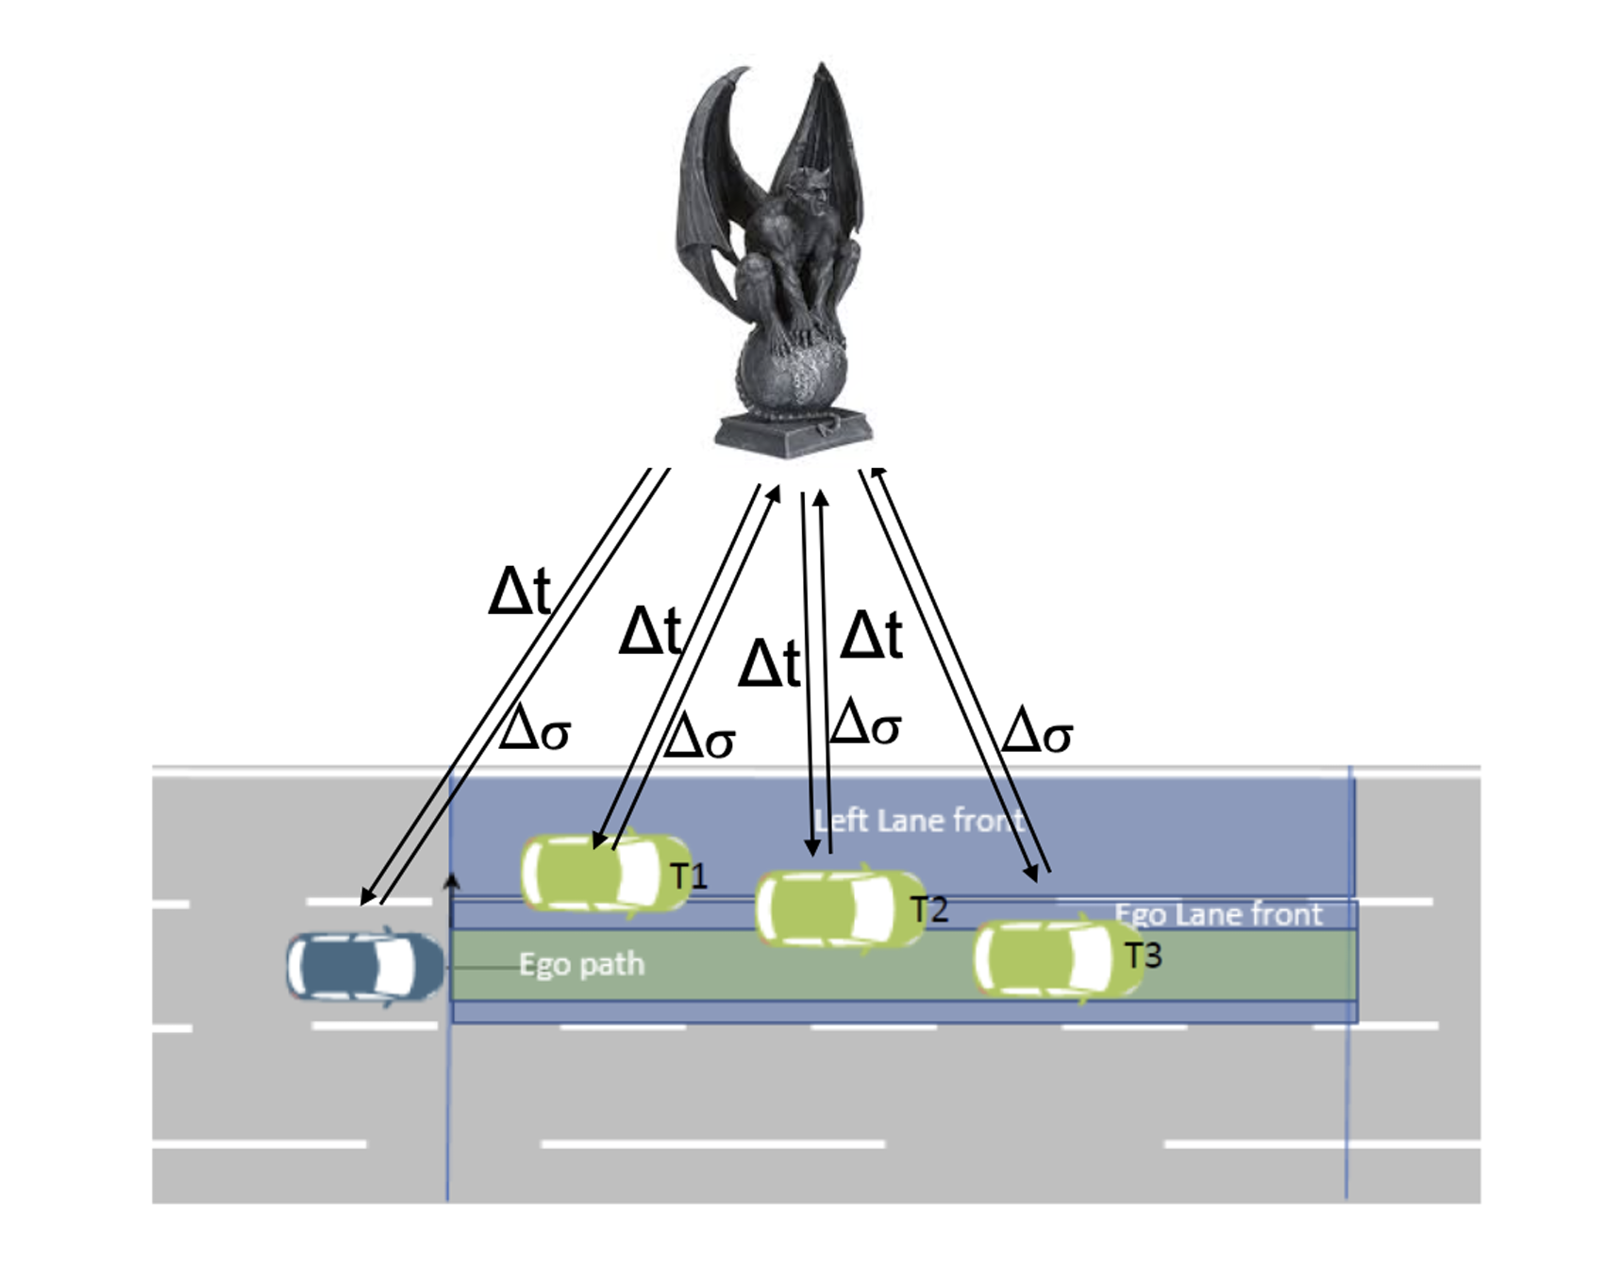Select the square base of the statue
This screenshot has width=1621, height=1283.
pos(793,433)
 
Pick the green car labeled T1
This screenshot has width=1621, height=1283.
pos(605,873)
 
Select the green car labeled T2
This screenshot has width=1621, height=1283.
pos(839,908)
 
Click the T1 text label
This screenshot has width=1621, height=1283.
pos(689,876)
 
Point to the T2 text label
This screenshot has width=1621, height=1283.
pos(928,909)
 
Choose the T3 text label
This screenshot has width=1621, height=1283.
pos(1144,956)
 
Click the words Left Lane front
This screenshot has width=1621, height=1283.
pos(918,821)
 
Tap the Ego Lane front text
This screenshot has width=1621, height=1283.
pos(1218,914)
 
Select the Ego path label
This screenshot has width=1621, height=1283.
pos(581,964)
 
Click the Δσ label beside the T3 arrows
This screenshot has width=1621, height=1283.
pos(1036,731)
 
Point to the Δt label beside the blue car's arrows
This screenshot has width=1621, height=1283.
pos(519,592)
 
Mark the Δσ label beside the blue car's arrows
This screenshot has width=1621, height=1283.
pos(535,729)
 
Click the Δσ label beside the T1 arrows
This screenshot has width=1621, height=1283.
pos(699,737)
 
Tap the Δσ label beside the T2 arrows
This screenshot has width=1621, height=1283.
pos(865,723)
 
